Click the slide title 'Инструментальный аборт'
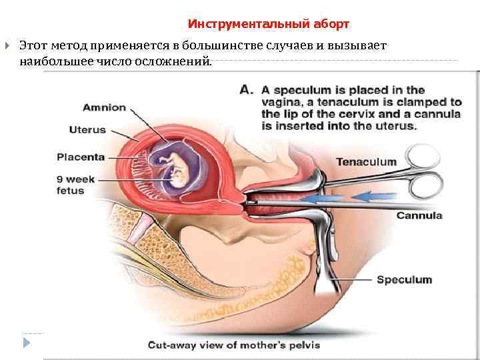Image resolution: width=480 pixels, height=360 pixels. coord(269,24)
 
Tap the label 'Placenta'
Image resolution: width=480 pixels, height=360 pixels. coord(81,157)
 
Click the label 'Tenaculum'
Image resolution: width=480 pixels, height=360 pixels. coord(366,161)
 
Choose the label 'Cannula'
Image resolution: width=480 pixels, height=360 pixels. coord(419,215)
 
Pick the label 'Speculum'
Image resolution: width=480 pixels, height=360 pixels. coord(404,280)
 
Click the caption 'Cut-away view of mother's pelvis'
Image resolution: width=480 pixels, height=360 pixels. coord(233,345)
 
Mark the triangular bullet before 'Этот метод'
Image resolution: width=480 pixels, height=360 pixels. coord(7,46)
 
